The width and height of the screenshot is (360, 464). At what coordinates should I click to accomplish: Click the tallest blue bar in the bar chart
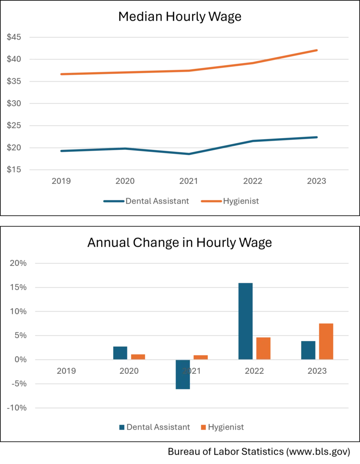pyautogui.click(x=245, y=321)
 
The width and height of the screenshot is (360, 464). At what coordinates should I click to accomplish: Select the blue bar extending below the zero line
pyautogui.click(x=183, y=375)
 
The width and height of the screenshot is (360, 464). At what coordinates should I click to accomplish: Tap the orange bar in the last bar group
pyautogui.click(x=326, y=341)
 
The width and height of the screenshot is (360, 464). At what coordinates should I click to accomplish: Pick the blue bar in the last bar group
pyautogui.click(x=308, y=350)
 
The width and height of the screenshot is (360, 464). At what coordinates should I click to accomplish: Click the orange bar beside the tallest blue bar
pyautogui.click(x=263, y=348)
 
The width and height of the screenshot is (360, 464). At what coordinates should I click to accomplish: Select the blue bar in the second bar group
pyautogui.click(x=121, y=352)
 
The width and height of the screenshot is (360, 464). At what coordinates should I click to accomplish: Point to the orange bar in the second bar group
pyautogui.click(x=138, y=356)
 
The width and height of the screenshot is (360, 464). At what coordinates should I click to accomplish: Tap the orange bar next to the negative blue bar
pyautogui.click(x=201, y=356)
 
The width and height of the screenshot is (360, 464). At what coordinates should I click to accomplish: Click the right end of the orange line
pyautogui.click(x=317, y=50)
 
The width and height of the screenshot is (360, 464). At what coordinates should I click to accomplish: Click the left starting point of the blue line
pyautogui.click(x=59, y=150)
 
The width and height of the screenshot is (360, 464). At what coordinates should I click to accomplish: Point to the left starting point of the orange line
pyautogui.click(x=60, y=74)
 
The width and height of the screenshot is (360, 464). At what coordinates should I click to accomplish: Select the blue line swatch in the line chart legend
pyautogui.click(x=112, y=201)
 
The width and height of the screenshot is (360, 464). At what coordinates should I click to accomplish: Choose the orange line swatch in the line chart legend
pyautogui.click(x=211, y=201)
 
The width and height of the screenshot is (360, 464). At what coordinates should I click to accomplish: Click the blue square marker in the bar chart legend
pyautogui.click(x=121, y=427)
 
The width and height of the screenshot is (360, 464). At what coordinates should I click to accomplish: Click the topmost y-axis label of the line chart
pyautogui.click(x=13, y=38)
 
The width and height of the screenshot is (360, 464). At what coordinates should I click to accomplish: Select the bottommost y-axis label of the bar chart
pyautogui.click(x=17, y=408)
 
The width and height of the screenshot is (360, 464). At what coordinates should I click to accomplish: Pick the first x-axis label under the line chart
pyautogui.click(x=62, y=181)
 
